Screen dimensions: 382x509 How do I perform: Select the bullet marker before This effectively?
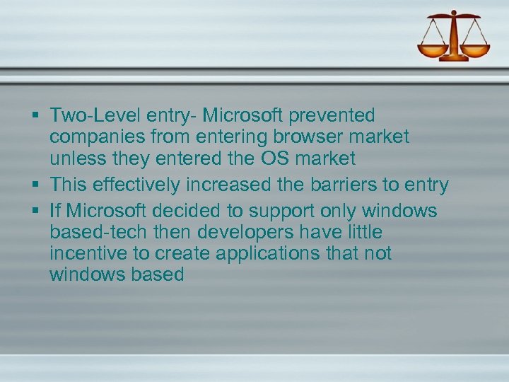(x=35, y=185)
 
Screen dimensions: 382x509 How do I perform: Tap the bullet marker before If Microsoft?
(x=35, y=211)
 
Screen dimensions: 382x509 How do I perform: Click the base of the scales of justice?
(x=454, y=58)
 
